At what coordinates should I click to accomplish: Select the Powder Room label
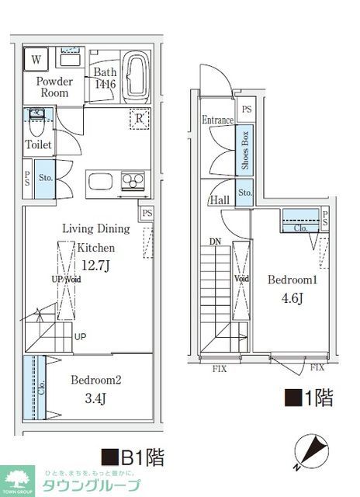[53, 87]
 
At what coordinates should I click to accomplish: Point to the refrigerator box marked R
[139, 119]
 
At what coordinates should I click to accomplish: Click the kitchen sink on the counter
[101, 182]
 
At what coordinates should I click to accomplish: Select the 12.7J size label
[95, 265]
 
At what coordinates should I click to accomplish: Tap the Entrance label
[218, 120]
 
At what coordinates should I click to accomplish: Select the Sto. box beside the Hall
[245, 193]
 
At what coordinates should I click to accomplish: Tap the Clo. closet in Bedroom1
[300, 223]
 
